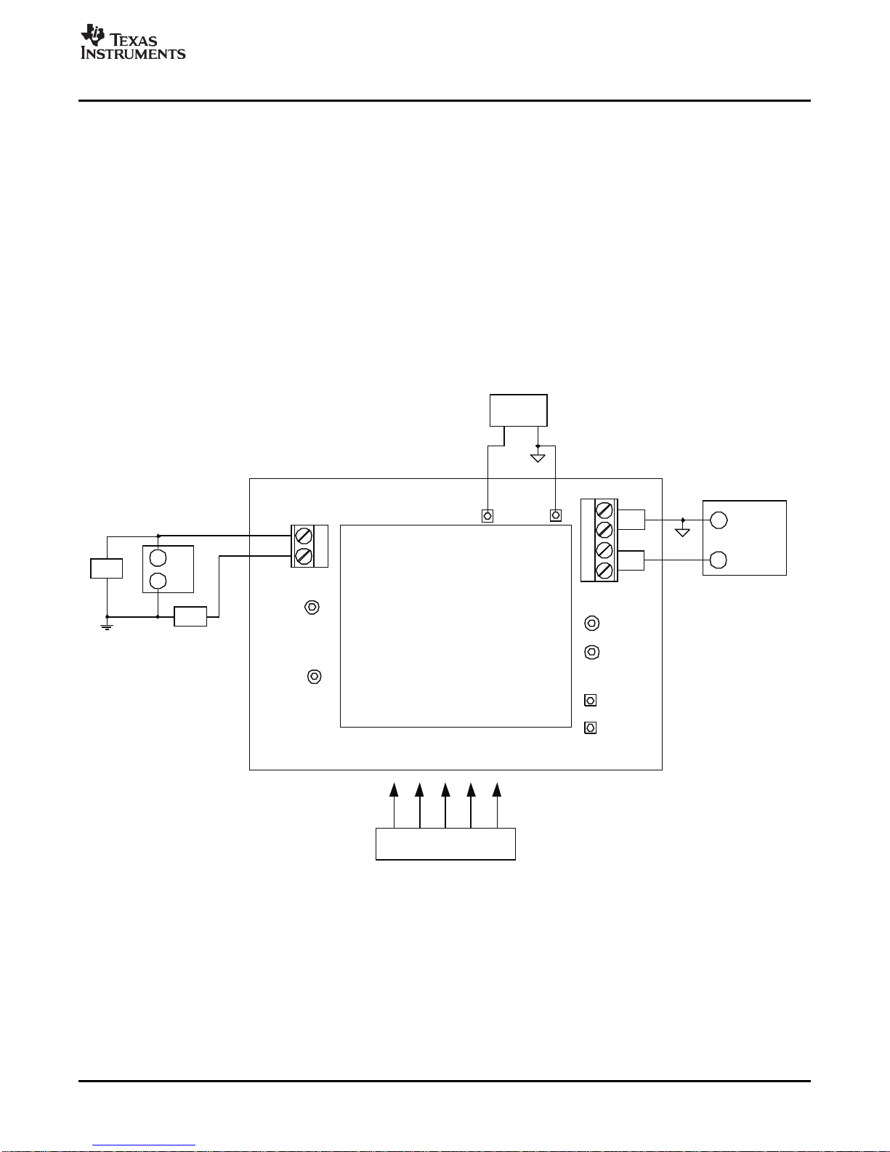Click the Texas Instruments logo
click(x=132, y=41)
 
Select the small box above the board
click(x=518, y=411)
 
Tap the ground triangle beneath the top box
click(x=538, y=458)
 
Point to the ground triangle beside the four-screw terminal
click(x=682, y=532)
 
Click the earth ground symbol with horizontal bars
click(x=107, y=627)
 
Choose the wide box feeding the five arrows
click(x=445, y=843)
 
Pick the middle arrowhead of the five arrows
click(x=445, y=790)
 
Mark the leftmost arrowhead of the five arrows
click(x=394, y=790)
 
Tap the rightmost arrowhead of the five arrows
click(x=497, y=790)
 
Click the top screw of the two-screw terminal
click(x=304, y=536)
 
